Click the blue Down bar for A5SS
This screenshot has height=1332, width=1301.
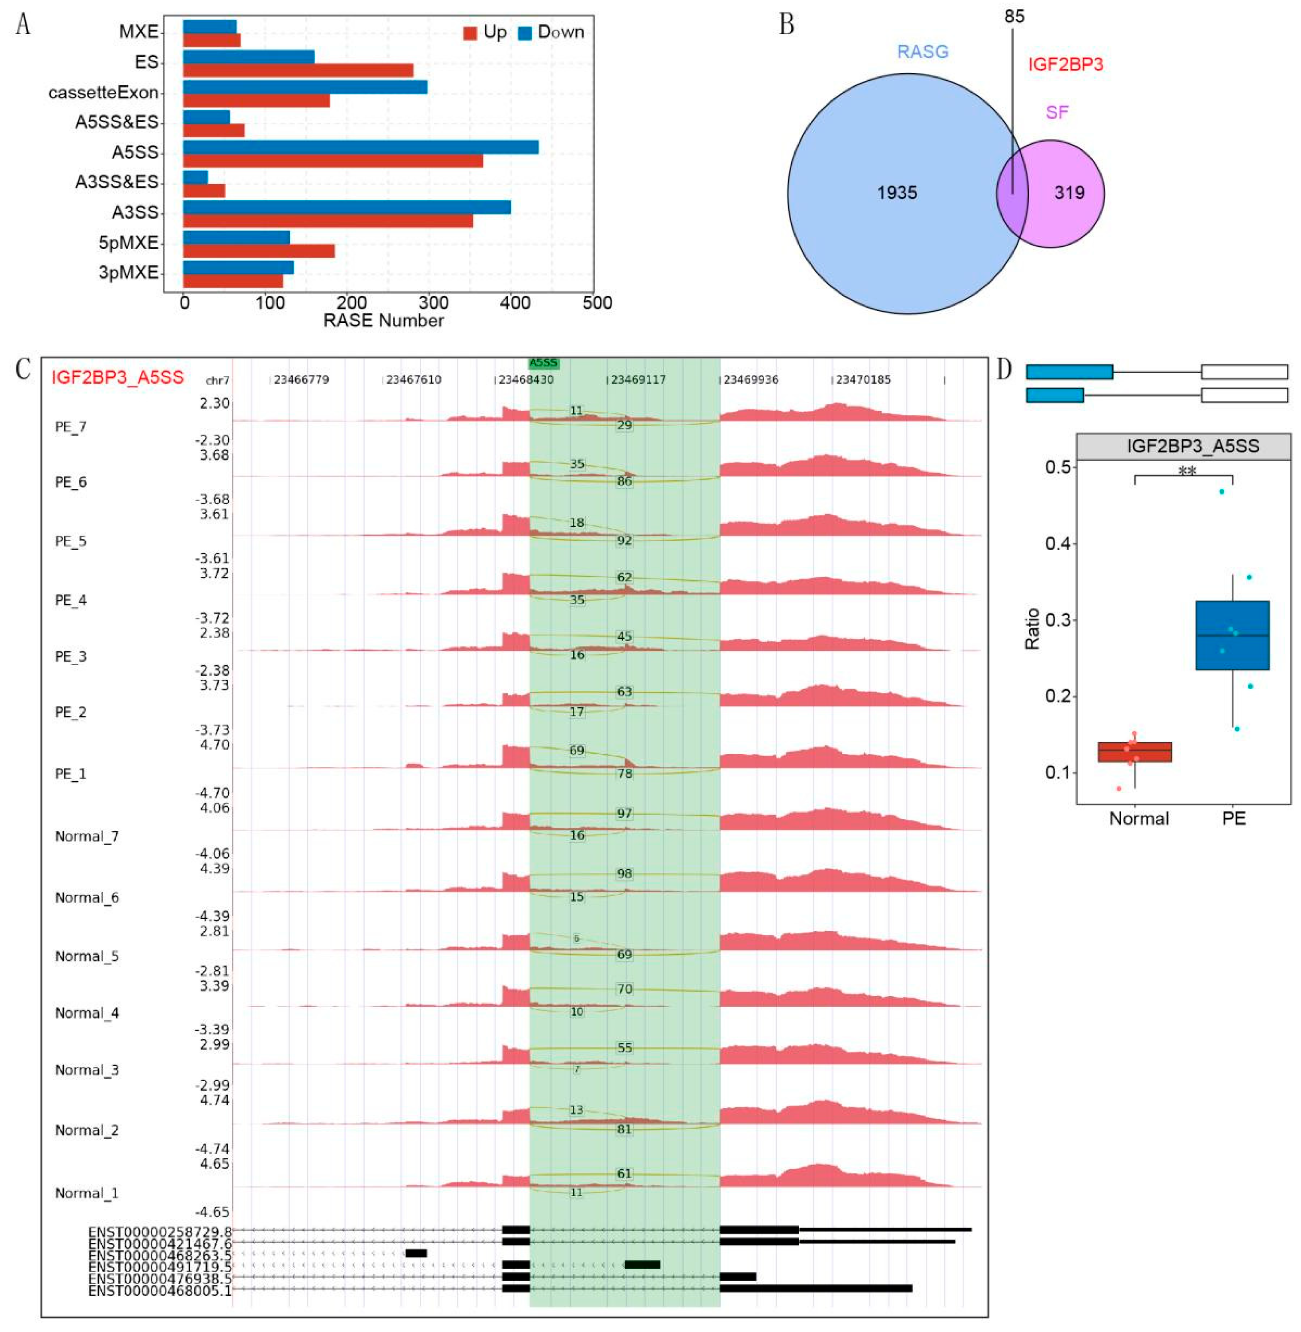click(x=361, y=147)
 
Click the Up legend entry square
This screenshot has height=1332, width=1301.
click(x=470, y=33)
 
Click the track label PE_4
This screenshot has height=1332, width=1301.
click(x=71, y=600)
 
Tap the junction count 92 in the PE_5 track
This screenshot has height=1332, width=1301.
click(x=624, y=540)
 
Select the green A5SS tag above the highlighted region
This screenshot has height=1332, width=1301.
click(x=544, y=363)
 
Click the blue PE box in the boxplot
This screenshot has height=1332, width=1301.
click(x=1232, y=635)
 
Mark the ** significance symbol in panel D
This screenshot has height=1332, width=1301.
click(x=1187, y=470)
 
